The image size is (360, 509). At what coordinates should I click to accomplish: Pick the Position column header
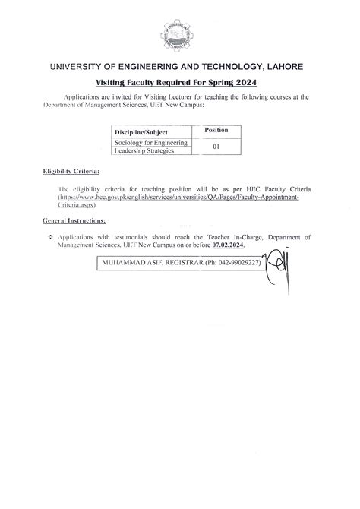click(216, 131)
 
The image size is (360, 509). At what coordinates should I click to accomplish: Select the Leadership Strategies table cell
click(144, 151)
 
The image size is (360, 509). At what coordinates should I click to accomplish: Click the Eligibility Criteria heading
click(73, 172)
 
